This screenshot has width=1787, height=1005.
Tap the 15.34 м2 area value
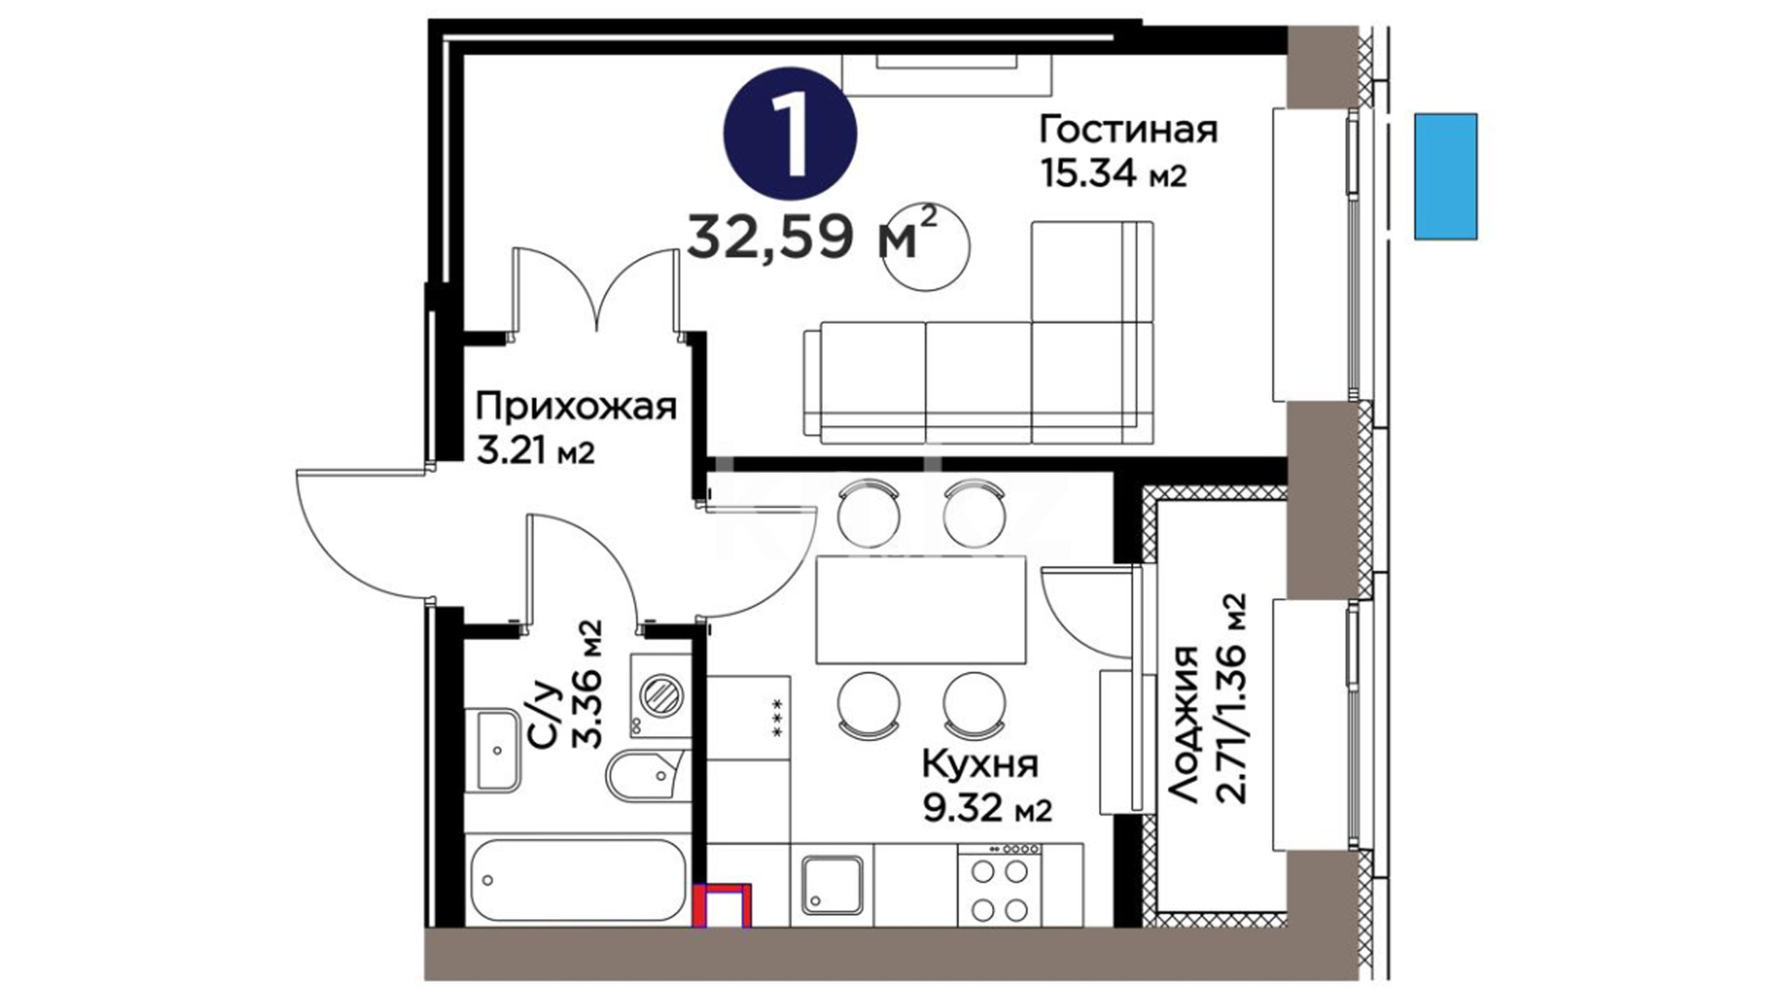[x=1113, y=175]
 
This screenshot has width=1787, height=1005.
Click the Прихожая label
[x=576, y=407]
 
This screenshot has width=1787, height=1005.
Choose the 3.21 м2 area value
[x=535, y=453]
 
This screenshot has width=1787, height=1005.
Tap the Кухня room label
[x=980, y=765]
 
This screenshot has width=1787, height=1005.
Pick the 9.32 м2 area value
[x=988, y=809]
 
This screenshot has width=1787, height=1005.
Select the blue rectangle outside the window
[x=1445, y=177]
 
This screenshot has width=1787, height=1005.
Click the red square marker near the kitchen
[x=722, y=906]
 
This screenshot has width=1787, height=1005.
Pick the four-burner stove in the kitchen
[x=1001, y=884]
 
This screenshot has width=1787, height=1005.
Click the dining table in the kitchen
[x=920, y=610]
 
